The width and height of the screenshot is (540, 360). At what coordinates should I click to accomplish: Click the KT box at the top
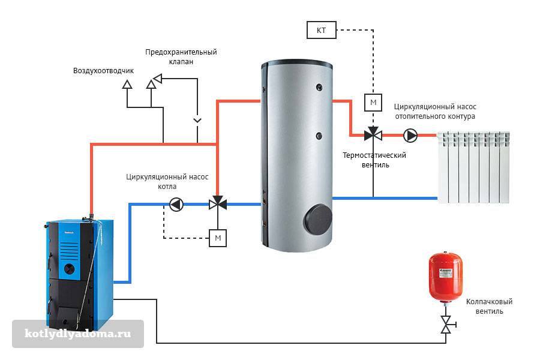tap(322, 29)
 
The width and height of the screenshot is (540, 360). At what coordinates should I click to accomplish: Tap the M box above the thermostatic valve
tap(373, 103)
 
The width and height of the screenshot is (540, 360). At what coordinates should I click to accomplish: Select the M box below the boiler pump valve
tap(218, 238)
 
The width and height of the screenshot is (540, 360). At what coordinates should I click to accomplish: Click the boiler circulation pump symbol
tap(176, 204)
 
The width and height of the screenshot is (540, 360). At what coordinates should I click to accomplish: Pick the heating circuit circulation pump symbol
tap(411, 135)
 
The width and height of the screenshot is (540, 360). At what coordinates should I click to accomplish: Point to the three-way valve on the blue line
tap(217, 204)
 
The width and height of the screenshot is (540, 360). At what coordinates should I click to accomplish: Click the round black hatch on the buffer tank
tap(317, 219)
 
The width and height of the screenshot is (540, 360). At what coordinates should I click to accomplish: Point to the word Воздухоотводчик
tap(104, 70)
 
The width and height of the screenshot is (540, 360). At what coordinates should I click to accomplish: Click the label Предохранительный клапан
tap(181, 56)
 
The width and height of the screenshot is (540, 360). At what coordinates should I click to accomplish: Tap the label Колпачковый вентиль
tap(489, 307)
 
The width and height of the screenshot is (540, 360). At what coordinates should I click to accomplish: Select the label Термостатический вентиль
tap(374, 160)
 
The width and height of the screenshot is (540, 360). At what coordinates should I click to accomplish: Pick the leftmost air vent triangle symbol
tap(127, 85)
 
